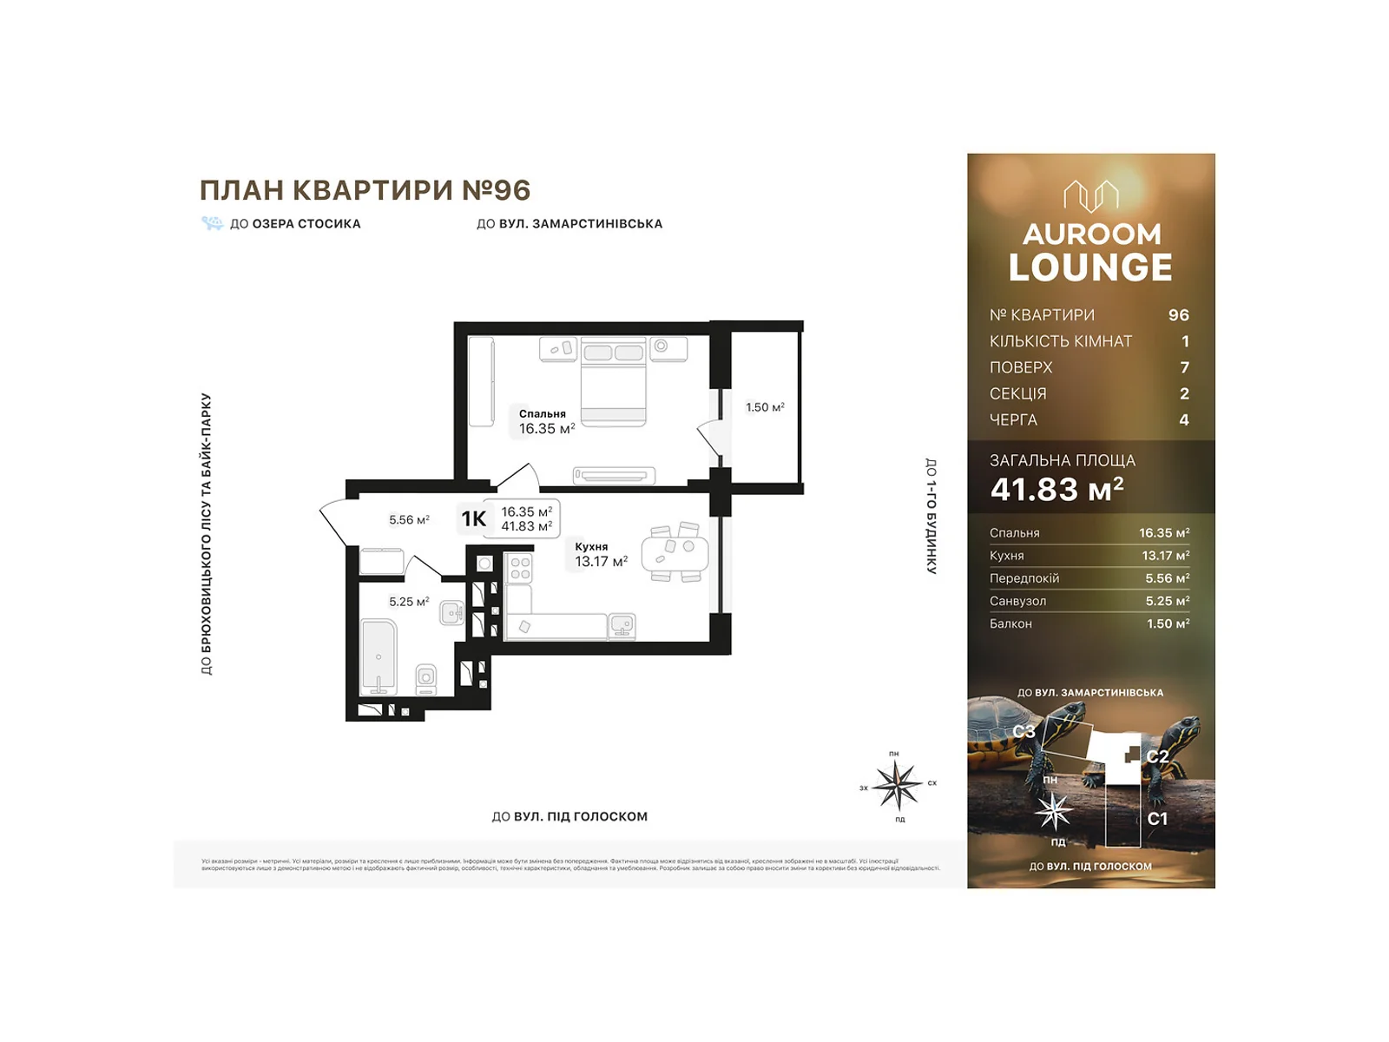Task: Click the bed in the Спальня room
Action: point(614,382)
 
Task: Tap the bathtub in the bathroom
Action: point(379,656)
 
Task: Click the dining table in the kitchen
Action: point(675,553)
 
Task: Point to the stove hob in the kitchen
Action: point(520,569)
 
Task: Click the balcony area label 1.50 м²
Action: point(765,407)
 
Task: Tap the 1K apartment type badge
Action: point(474,519)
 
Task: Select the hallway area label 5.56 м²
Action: point(409,520)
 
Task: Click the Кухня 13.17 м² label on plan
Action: point(600,555)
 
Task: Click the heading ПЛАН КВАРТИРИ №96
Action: point(365,190)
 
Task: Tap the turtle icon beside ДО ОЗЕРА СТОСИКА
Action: point(212,223)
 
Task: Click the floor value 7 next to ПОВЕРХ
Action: point(1184,367)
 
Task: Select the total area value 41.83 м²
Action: point(1057,490)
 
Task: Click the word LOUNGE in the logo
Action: point(1090,267)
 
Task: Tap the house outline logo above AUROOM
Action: point(1090,195)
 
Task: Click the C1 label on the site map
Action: point(1157,819)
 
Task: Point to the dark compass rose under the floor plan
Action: point(897,784)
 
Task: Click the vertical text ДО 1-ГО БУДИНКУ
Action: point(931,516)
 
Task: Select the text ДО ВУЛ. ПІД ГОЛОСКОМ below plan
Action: point(569,816)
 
